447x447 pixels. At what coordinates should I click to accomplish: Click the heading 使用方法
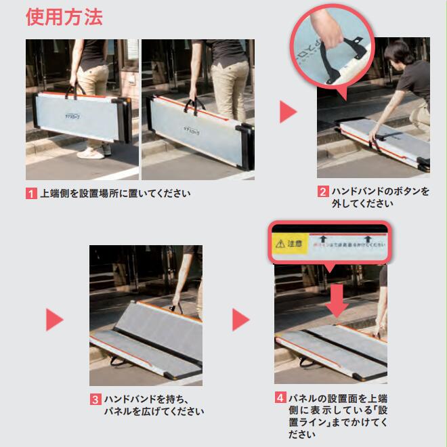64,17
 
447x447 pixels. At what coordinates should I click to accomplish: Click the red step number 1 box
31,193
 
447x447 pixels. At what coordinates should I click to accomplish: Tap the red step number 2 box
323,192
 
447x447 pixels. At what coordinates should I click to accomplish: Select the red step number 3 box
95,400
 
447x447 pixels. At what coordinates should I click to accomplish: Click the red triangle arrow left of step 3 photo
54,320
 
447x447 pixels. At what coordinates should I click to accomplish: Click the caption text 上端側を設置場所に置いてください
115,193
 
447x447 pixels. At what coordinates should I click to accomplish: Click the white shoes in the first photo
91,152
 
